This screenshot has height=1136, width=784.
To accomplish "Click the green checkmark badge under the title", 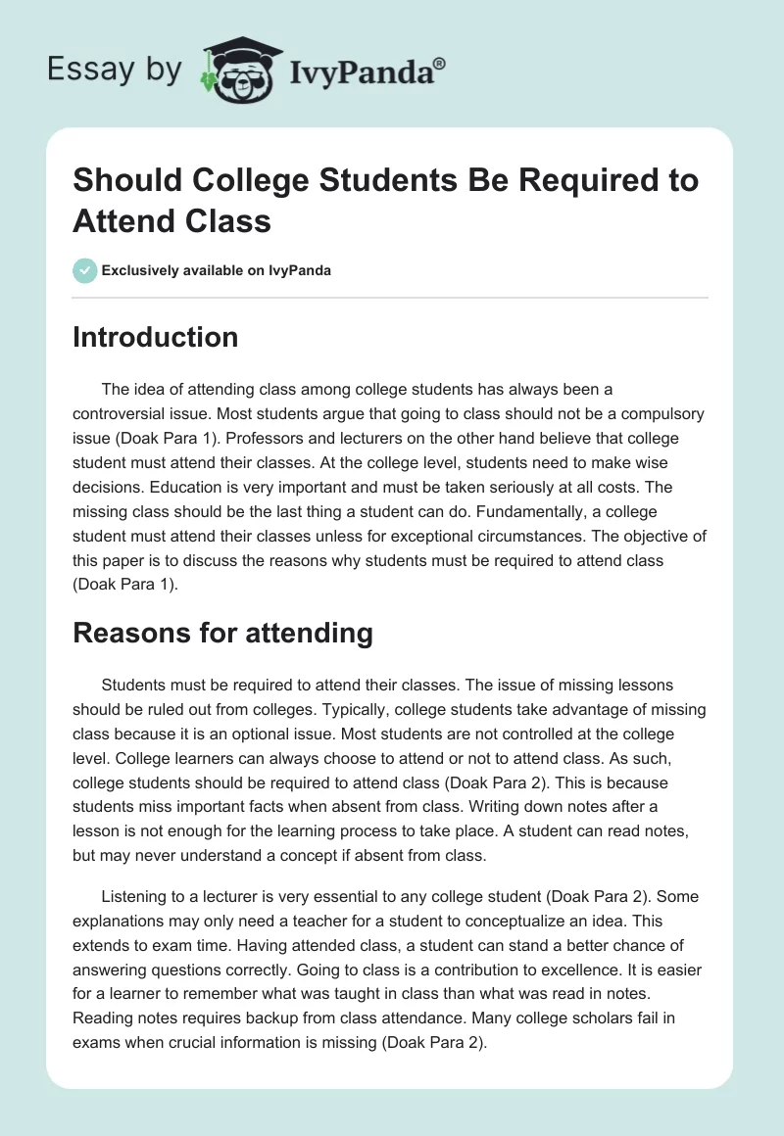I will pyautogui.click(x=85, y=270).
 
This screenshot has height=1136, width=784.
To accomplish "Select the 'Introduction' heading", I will pyautogui.click(x=155, y=337).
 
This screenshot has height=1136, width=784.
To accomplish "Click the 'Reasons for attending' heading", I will pyautogui.click(x=222, y=633).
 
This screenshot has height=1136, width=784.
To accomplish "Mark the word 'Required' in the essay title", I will pyautogui.click(x=556, y=180).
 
